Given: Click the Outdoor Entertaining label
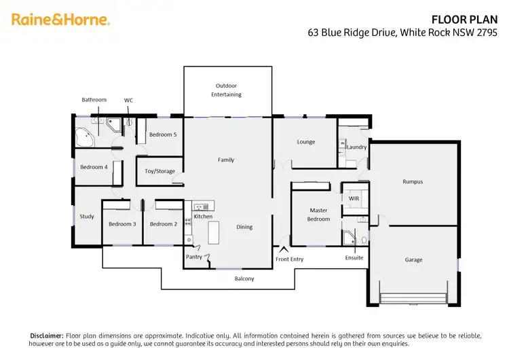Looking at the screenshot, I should (x=228, y=90).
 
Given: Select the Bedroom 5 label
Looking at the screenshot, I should (x=163, y=134).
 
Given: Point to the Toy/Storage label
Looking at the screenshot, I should (x=159, y=171).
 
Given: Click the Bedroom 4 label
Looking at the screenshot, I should (x=94, y=167).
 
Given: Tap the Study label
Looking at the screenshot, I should (x=87, y=217).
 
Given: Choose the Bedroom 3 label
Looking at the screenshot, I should (x=122, y=224).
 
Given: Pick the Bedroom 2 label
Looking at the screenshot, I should (x=163, y=224).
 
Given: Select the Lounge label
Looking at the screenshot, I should (x=306, y=142).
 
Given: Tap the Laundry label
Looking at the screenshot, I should (x=356, y=147).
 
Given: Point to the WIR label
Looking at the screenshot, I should (x=353, y=198).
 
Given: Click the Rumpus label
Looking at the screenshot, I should (x=413, y=182).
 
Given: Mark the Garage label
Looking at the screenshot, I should (x=413, y=259).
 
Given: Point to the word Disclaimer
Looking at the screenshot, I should (x=46, y=336).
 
